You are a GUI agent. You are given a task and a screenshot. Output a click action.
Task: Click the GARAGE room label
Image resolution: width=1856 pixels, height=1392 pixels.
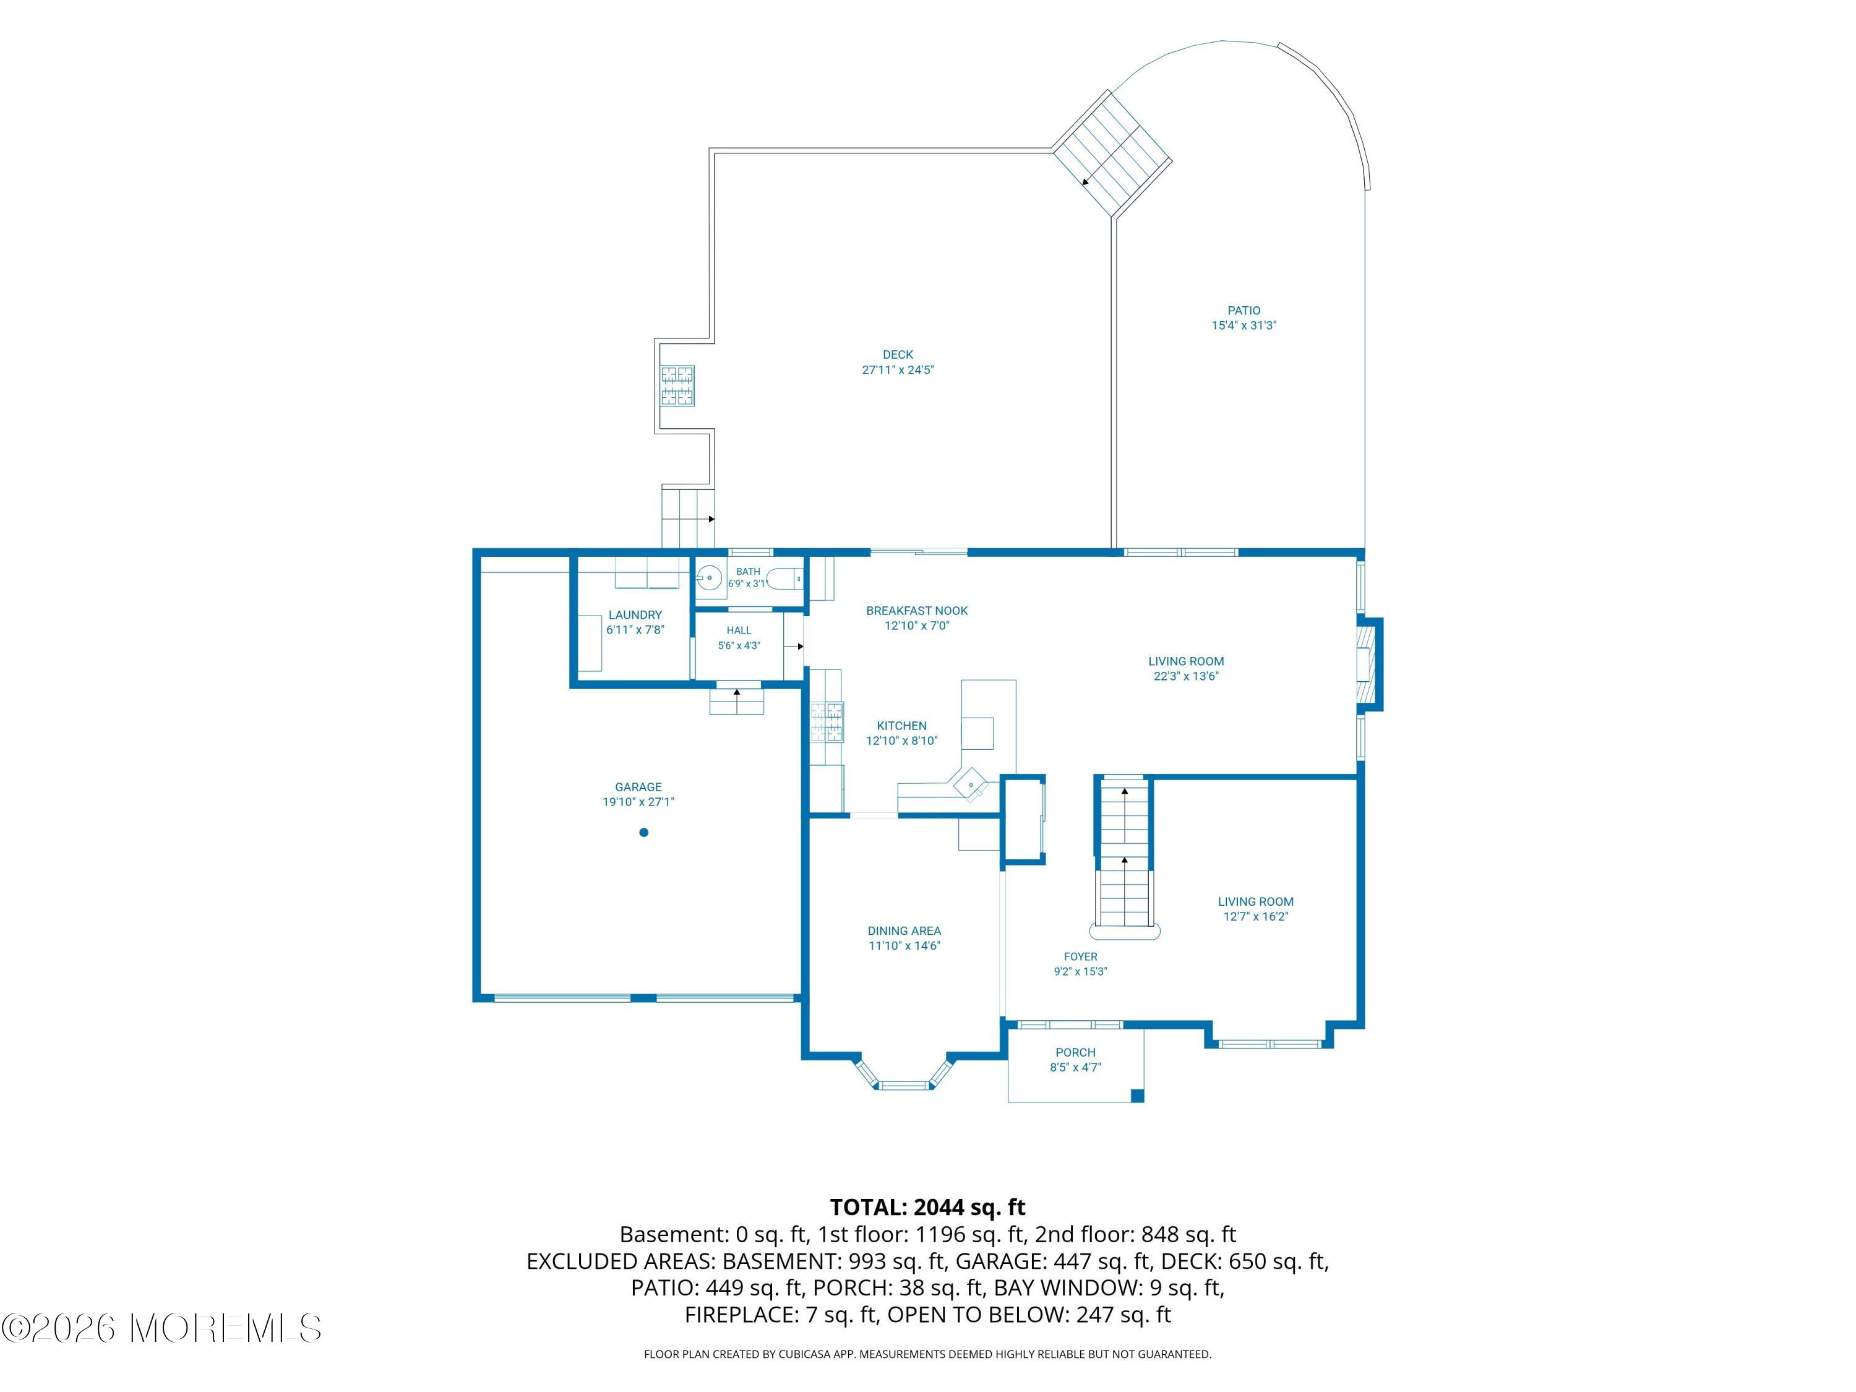638,787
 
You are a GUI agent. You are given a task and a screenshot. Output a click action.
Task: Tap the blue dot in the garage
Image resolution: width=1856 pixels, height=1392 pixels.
643,832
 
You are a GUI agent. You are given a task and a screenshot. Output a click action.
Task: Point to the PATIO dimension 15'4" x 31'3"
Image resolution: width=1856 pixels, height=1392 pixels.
1244,325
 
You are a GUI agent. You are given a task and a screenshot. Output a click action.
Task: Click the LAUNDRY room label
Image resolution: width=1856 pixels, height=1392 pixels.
635,615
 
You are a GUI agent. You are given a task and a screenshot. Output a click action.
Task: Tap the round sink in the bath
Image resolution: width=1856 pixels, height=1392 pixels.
710,578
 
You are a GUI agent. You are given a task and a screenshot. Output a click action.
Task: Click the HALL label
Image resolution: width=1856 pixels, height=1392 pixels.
739,630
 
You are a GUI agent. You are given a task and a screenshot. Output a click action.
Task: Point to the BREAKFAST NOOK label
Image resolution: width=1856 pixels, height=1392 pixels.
917,611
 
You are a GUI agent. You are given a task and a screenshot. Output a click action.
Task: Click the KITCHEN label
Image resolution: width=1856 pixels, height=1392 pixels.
902,726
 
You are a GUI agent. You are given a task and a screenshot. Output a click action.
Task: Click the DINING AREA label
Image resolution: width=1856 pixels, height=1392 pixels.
904,930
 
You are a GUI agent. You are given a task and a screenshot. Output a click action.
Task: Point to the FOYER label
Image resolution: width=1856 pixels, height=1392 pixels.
1081,956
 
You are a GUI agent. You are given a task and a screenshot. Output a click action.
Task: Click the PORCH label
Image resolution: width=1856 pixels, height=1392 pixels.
1076,1052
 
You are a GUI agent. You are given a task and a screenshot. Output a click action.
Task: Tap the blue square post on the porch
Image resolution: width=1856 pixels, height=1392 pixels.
1138,1096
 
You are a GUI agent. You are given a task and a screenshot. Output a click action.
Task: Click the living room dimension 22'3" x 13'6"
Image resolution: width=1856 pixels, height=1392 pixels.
1185,676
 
